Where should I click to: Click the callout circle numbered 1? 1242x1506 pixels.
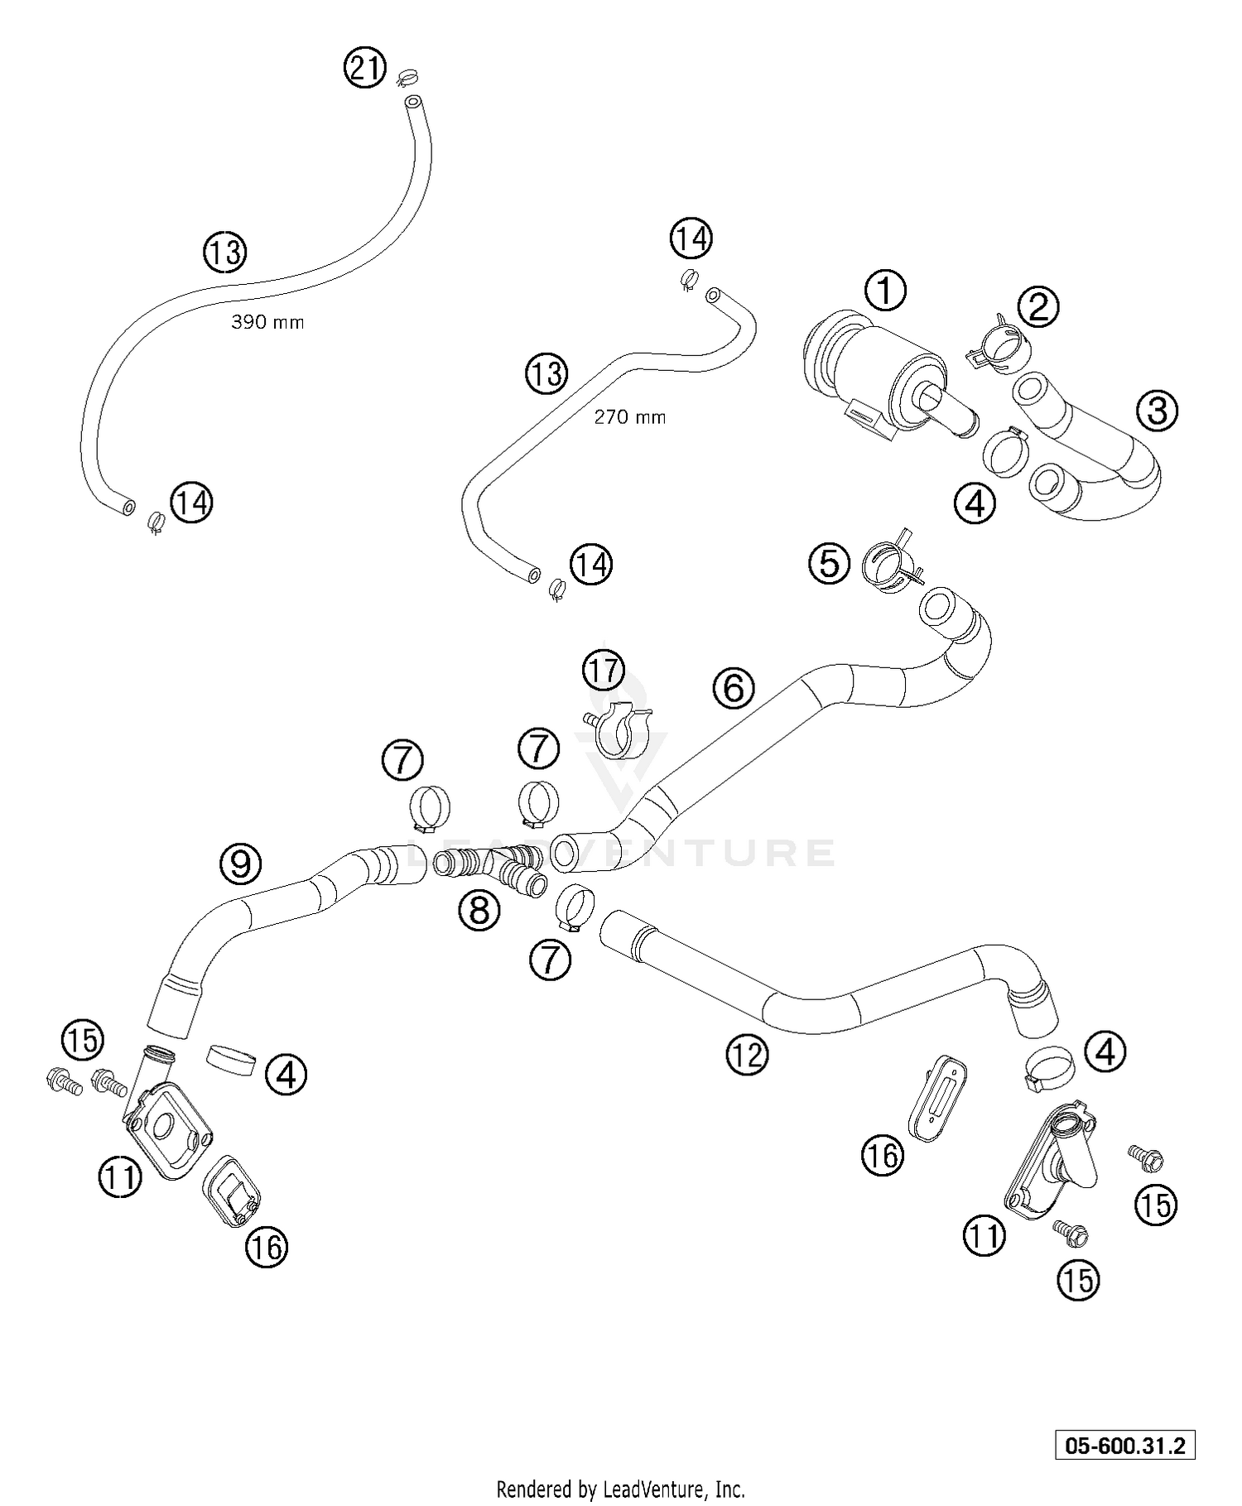[x=885, y=291]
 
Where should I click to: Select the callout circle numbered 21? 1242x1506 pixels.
[x=365, y=67]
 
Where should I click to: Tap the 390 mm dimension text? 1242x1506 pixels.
[x=267, y=322]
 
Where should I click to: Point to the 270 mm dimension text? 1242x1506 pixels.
[x=629, y=417]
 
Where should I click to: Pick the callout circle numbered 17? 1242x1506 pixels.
[x=604, y=670]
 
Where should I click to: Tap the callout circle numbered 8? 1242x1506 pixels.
[x=479, y=911]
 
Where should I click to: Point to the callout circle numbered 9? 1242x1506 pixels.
[x=240, y=864]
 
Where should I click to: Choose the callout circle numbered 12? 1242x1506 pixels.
[x=747, y=1054]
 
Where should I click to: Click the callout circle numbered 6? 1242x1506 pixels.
[x=734, y=688]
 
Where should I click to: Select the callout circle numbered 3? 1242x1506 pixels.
[x=1157, y=410]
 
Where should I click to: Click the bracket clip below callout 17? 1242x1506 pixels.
[x=622, y=729]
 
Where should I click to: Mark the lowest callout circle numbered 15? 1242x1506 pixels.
[x=1077, y=1280]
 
